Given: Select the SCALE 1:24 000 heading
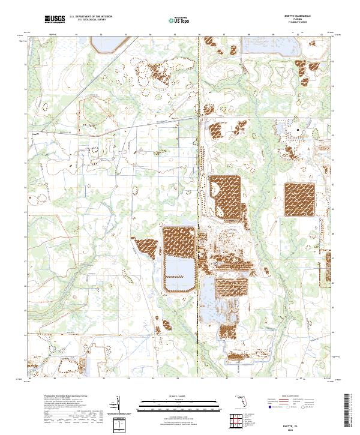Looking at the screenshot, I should (178, 396).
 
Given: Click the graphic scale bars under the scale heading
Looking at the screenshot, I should (178, 404).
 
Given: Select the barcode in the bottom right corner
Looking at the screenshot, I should (350, 412).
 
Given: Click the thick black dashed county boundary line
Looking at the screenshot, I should (200, 210).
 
